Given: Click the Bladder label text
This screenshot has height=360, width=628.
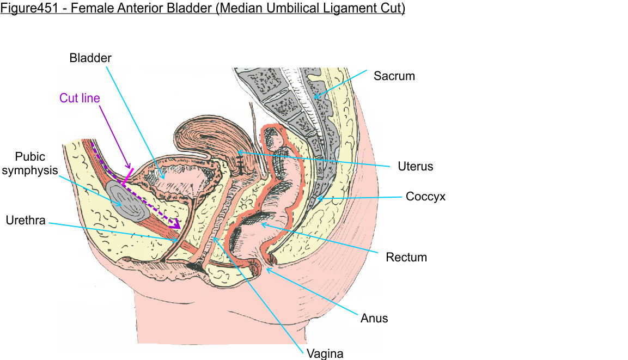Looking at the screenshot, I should (90, 58).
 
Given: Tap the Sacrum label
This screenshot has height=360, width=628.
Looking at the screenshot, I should (394, 76).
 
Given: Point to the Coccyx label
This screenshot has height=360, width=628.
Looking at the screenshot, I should (425, 197).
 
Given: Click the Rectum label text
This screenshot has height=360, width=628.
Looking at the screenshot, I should (406, 257).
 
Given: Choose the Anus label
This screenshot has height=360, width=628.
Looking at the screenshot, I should (374, 318).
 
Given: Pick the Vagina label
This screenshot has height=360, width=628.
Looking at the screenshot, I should (325, 353).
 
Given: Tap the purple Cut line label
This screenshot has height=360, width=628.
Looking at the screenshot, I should (80, 99).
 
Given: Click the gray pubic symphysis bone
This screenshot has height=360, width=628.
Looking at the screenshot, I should (126, 199).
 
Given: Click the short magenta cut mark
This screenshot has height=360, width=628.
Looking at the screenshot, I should (127, 175).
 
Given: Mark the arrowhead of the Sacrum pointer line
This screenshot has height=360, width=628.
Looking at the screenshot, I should (314, 97).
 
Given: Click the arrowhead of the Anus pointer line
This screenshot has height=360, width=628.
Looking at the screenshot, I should (266, 268).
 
